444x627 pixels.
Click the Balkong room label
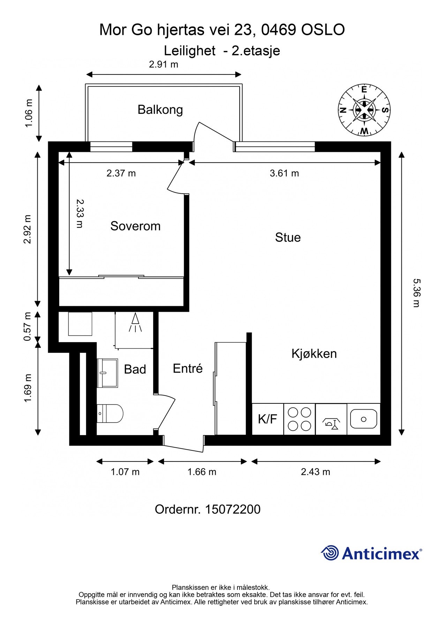click(160, 110)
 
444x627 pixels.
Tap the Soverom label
click(135, 226)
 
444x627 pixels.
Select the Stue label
click(288, 238)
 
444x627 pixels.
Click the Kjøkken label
click(314, 354)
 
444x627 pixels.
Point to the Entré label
click(188, 369)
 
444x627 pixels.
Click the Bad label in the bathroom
click(135, 369)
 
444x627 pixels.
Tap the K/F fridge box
click(268, 419)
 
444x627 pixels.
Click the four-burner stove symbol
click(299, 419)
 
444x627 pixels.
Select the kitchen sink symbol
click(363, 419)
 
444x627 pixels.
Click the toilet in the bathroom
click(110, 413)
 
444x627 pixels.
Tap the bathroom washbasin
click(107, 373)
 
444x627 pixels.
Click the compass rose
click(364, 110)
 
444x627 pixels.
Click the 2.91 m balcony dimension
click(164, 64)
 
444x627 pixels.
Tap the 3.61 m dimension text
click(284, 173)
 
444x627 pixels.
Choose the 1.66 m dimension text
click(202, 472)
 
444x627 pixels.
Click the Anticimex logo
click(371, 553)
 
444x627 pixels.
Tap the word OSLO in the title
click(323, 30)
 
